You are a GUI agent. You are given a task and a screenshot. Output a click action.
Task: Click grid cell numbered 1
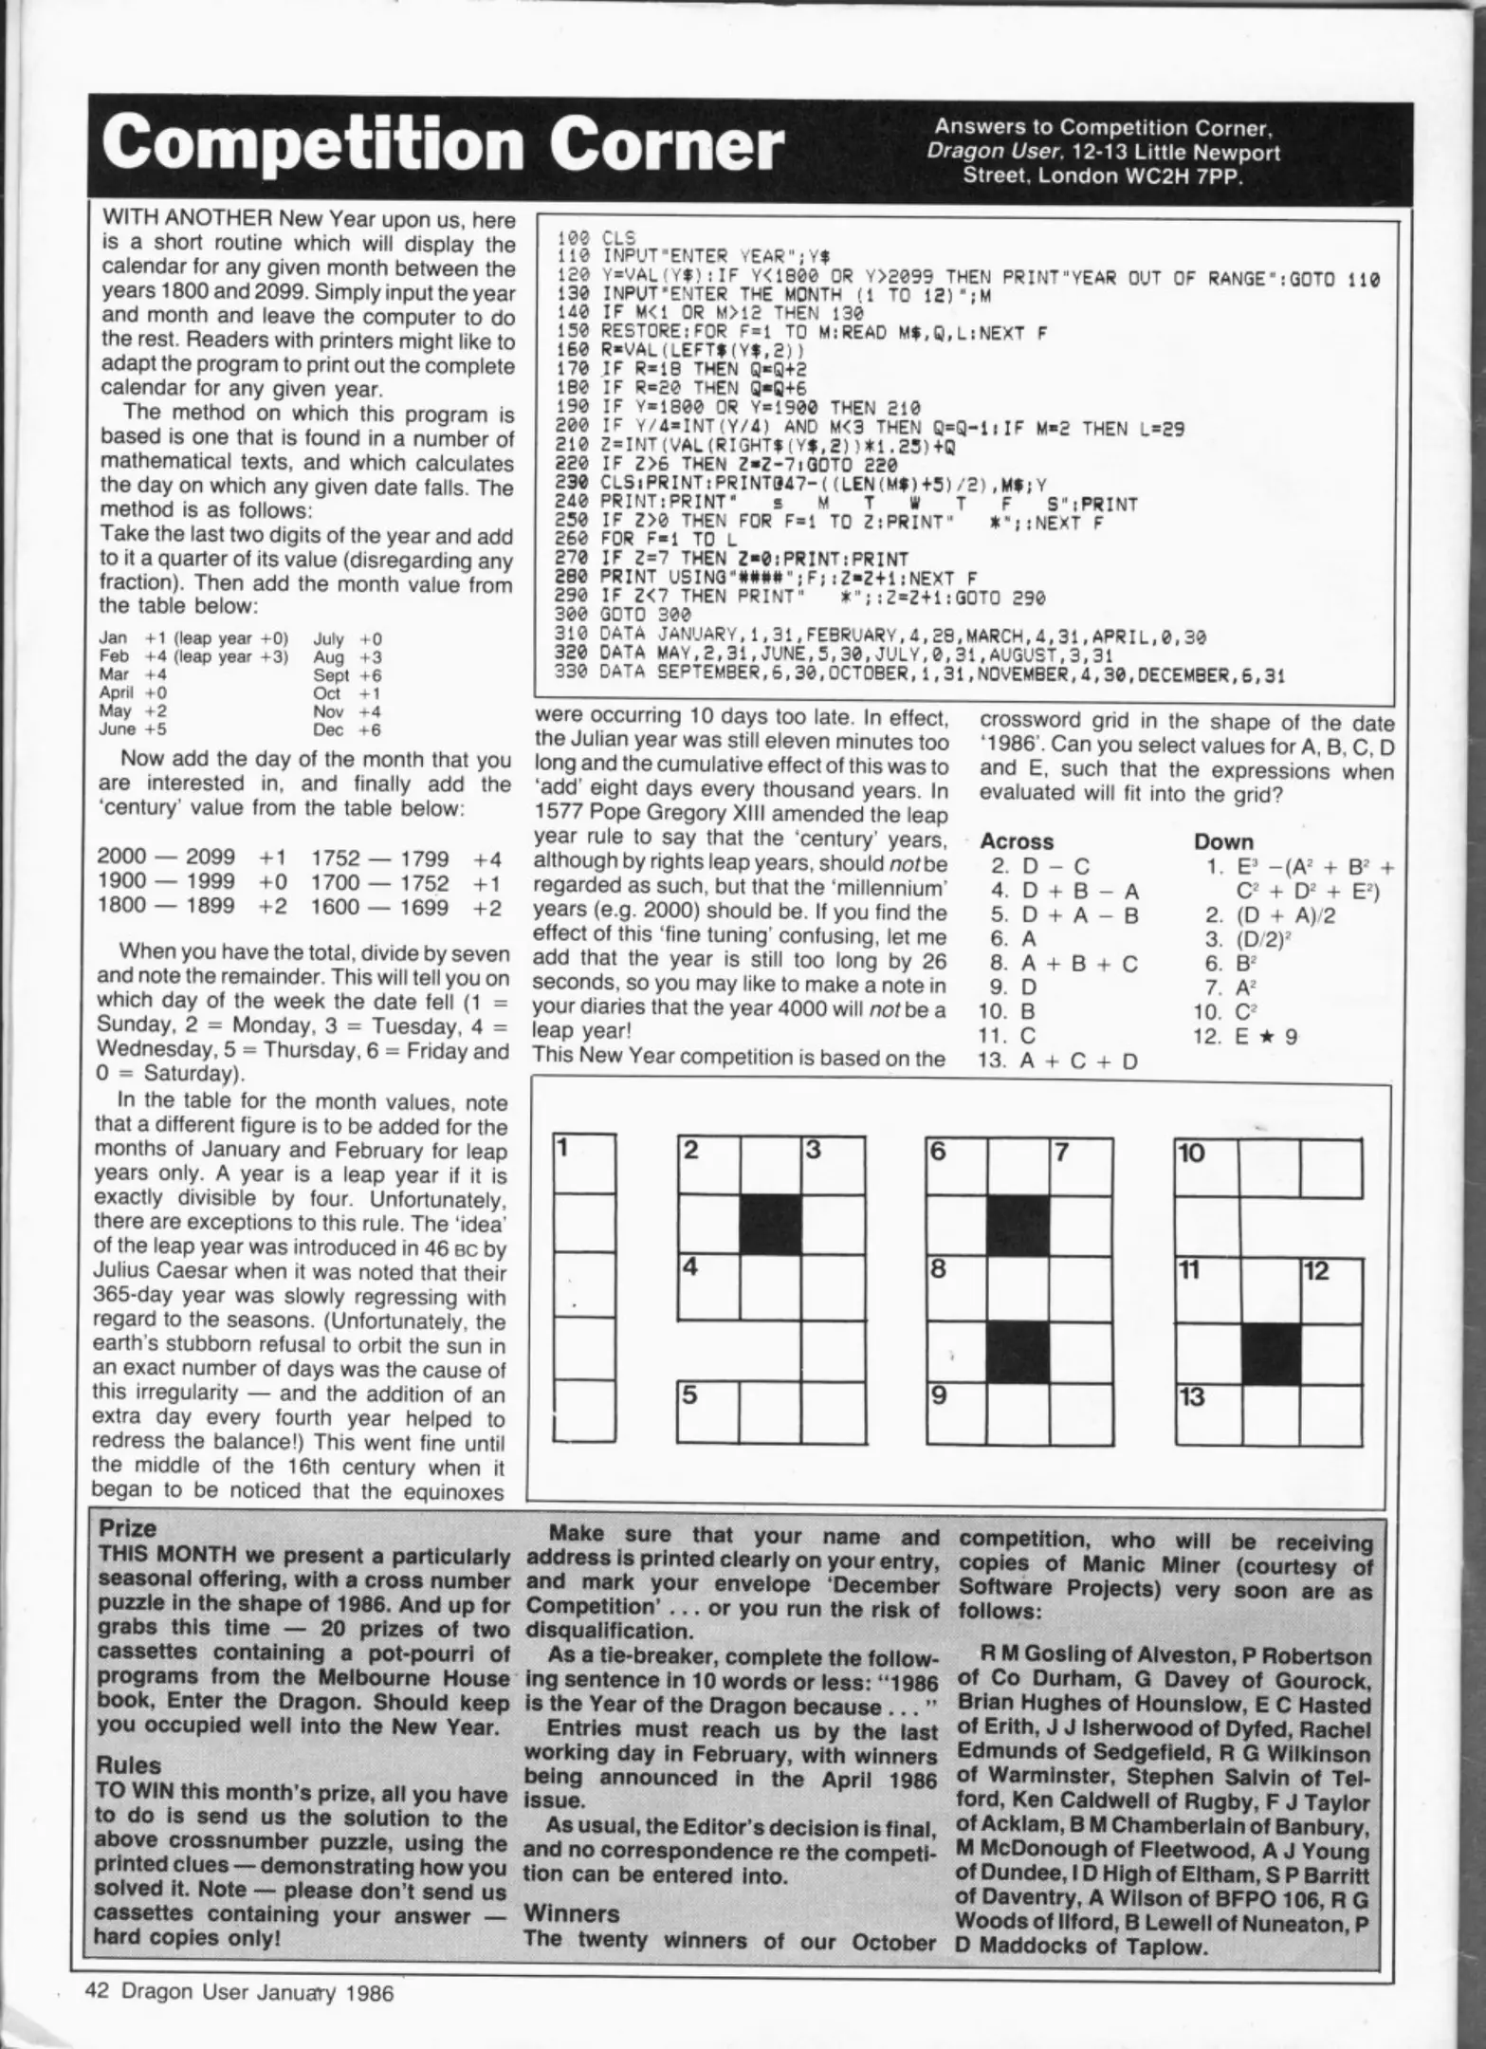pyautogui.click(x=584, y=1164)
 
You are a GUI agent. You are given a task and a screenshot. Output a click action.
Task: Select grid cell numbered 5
pyautogui.click(x=708, y=1412)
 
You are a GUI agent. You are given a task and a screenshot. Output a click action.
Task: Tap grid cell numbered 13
pyautogui.click(x=1206, y=1412)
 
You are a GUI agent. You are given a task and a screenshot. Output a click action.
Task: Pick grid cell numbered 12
pyautogui.click(x=1331, y=1288)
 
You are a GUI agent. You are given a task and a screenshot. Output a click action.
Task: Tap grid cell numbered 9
pyautogui.click(x=957, y=1412)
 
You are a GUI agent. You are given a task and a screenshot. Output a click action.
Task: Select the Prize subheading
pyautogui.click(x=128, y=1528)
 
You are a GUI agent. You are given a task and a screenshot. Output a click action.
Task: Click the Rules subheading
pyautogui.click(x=129, y=1765)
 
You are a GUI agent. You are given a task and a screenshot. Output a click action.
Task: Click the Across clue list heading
pyautogui.click(x=1017, y=840)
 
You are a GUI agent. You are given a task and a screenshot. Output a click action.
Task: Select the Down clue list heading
pyautogui.click(x=1223, y=840)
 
